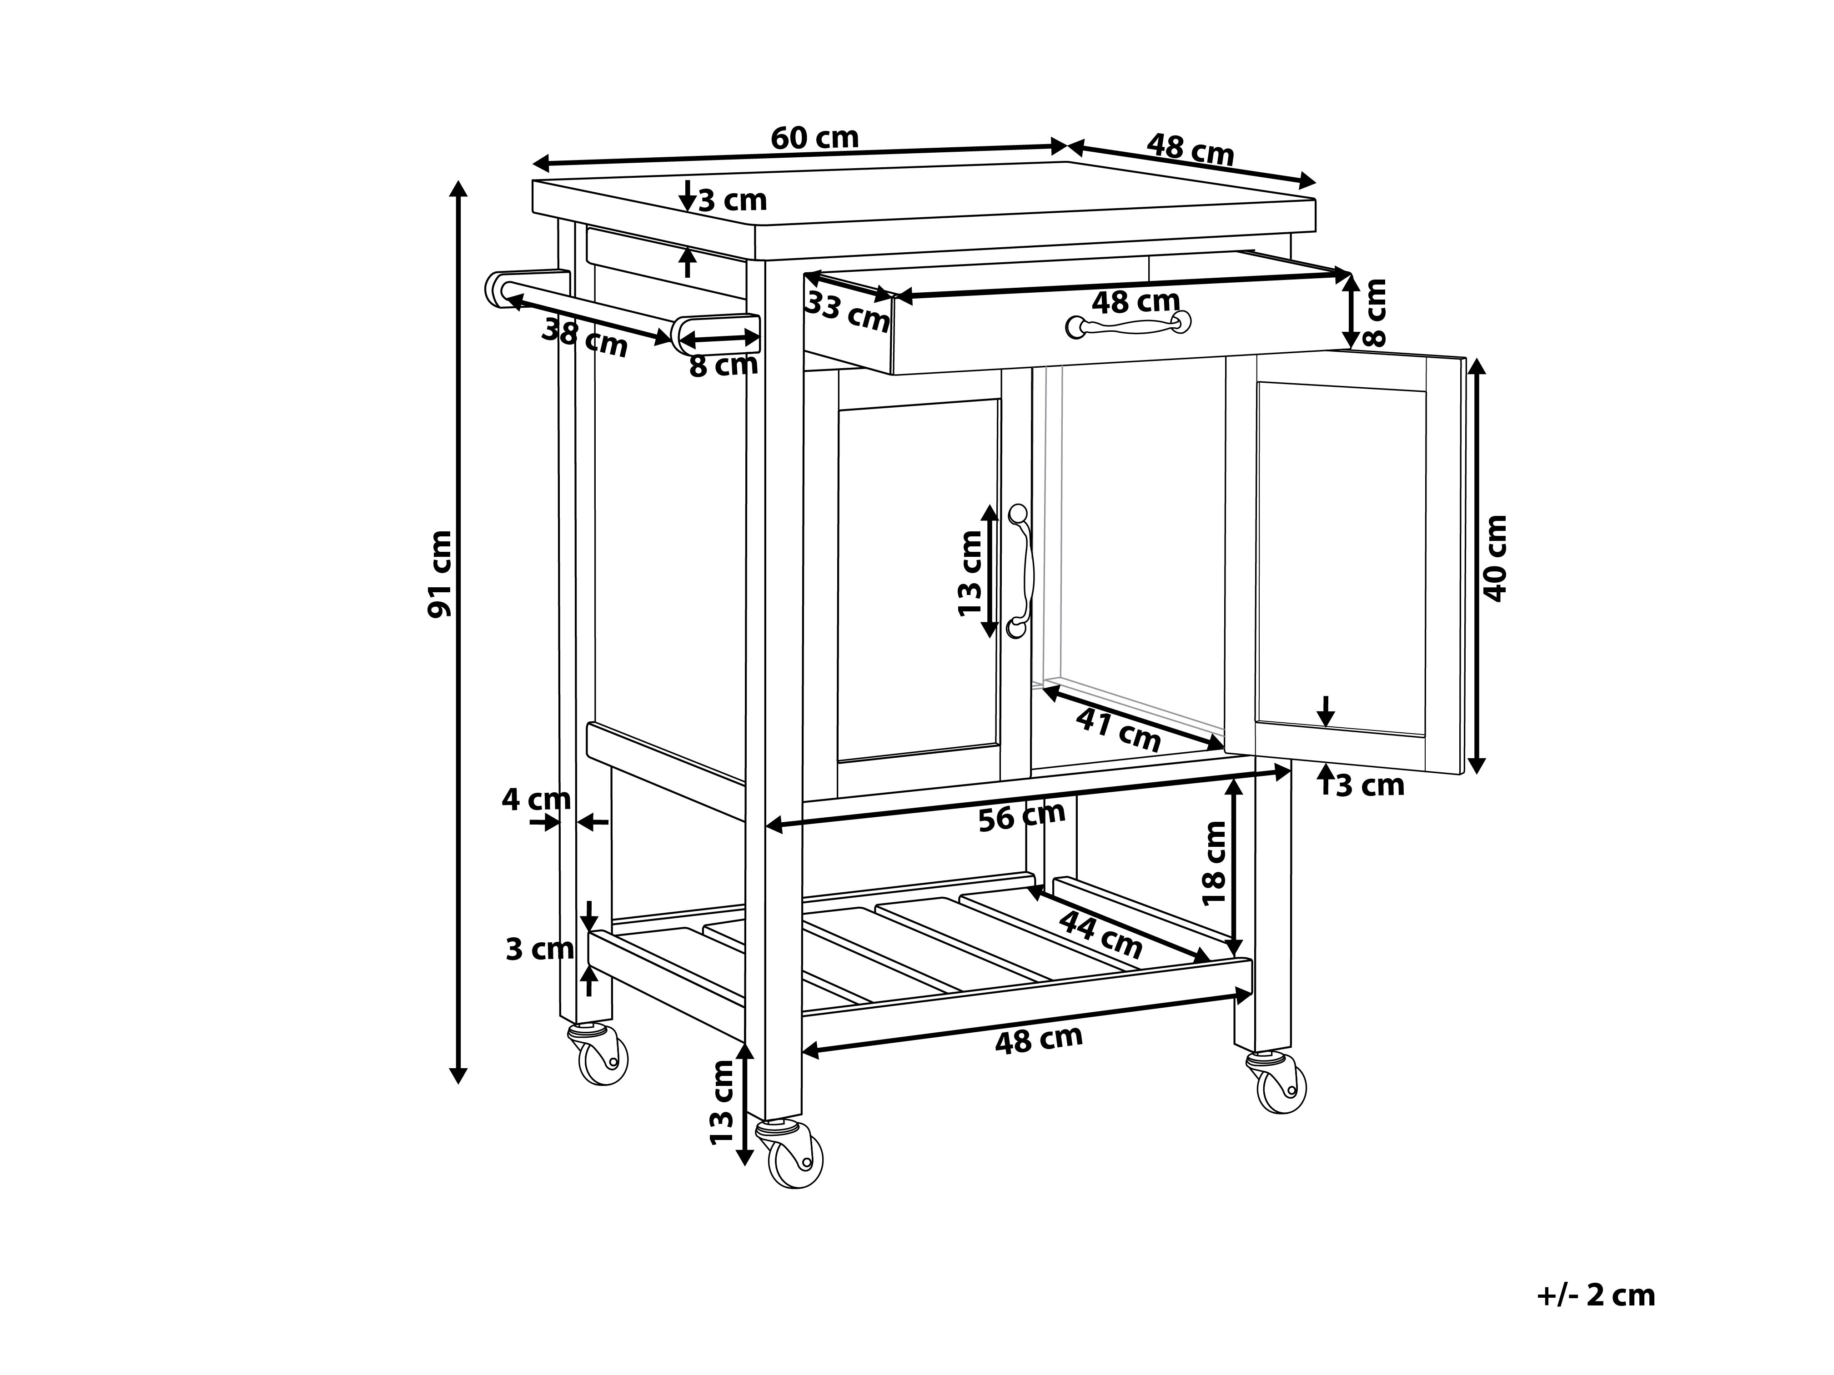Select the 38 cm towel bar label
coord(584,337)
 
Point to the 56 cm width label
coord(1021,816)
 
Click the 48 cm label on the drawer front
coord(1135,301)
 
